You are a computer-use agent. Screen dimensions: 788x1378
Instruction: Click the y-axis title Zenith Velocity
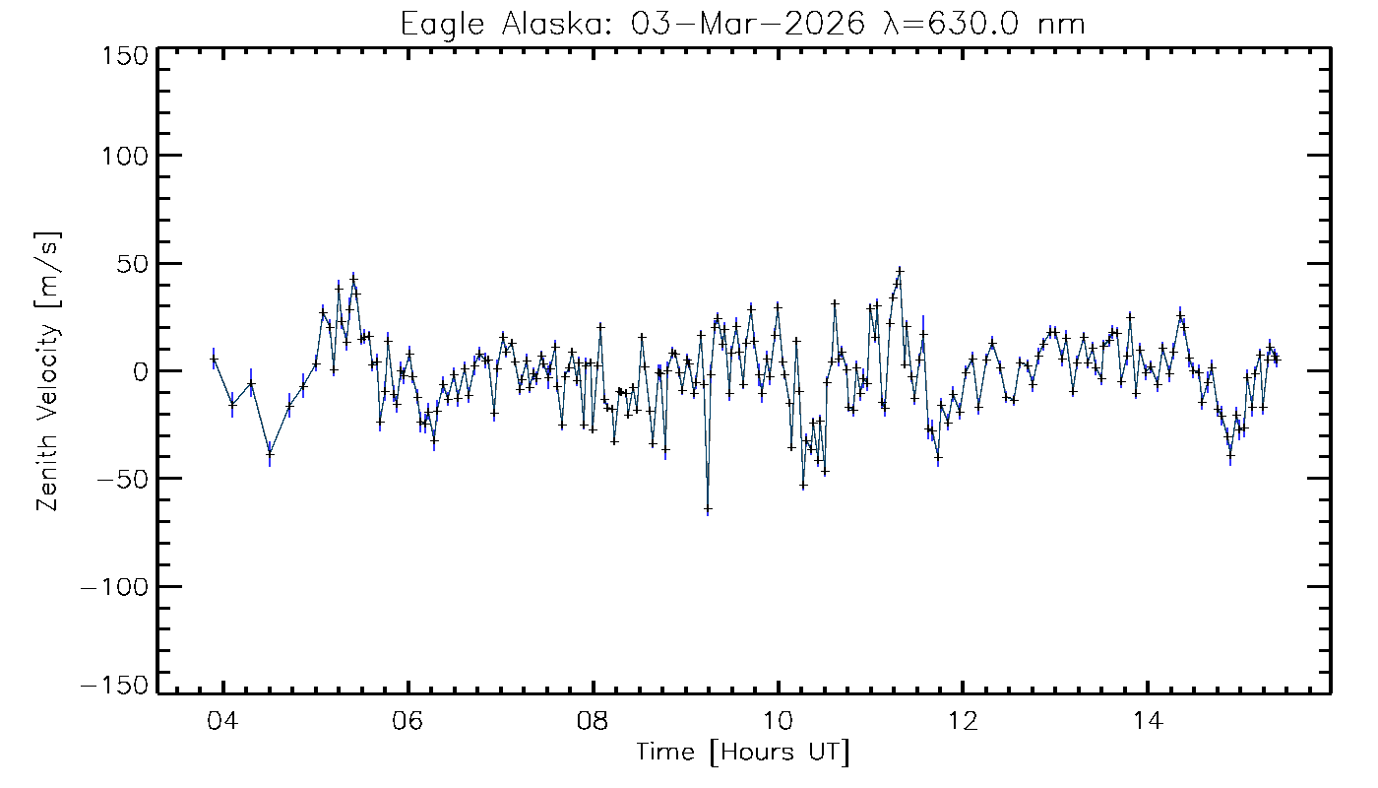pos(48,371)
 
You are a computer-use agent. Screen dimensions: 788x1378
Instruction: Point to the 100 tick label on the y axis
pos(124,156)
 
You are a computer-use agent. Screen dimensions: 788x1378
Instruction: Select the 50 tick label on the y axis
pos(132,264)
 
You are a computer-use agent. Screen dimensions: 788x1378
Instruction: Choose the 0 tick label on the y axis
pos(140,371)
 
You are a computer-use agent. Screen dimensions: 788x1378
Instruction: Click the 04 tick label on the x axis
pos(224,719)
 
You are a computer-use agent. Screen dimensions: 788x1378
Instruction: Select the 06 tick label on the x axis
pos(408,719)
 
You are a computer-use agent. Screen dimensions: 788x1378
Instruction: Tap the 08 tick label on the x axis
pos(594,719)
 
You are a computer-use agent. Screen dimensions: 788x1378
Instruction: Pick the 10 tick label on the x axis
pos(778,719)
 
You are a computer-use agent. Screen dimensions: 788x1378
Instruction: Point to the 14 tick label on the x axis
pos(1147,719)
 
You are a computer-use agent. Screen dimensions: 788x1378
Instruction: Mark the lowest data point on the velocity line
pos(708,509)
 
